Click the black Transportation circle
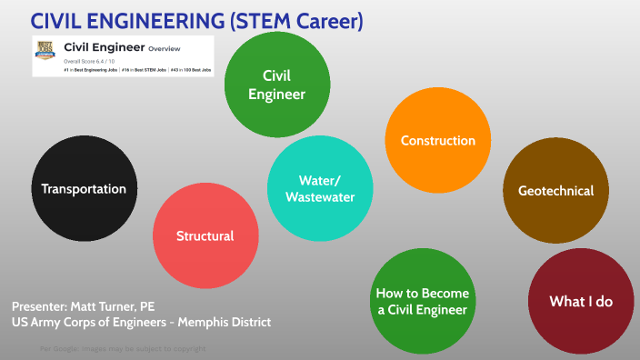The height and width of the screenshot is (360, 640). (x=84, y=189)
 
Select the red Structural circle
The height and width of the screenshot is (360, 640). (x=205, y=235)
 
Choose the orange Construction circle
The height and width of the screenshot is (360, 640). (x=437, y=141)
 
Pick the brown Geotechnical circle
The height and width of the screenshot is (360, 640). (x=555, y=191)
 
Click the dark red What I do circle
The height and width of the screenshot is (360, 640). (x=580, y=301)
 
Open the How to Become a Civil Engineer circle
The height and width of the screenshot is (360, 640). (x=423, y=302)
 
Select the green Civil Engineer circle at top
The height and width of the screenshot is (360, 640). (x=283, y=85)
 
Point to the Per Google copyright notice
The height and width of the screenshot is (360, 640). (x=123, y=349)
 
